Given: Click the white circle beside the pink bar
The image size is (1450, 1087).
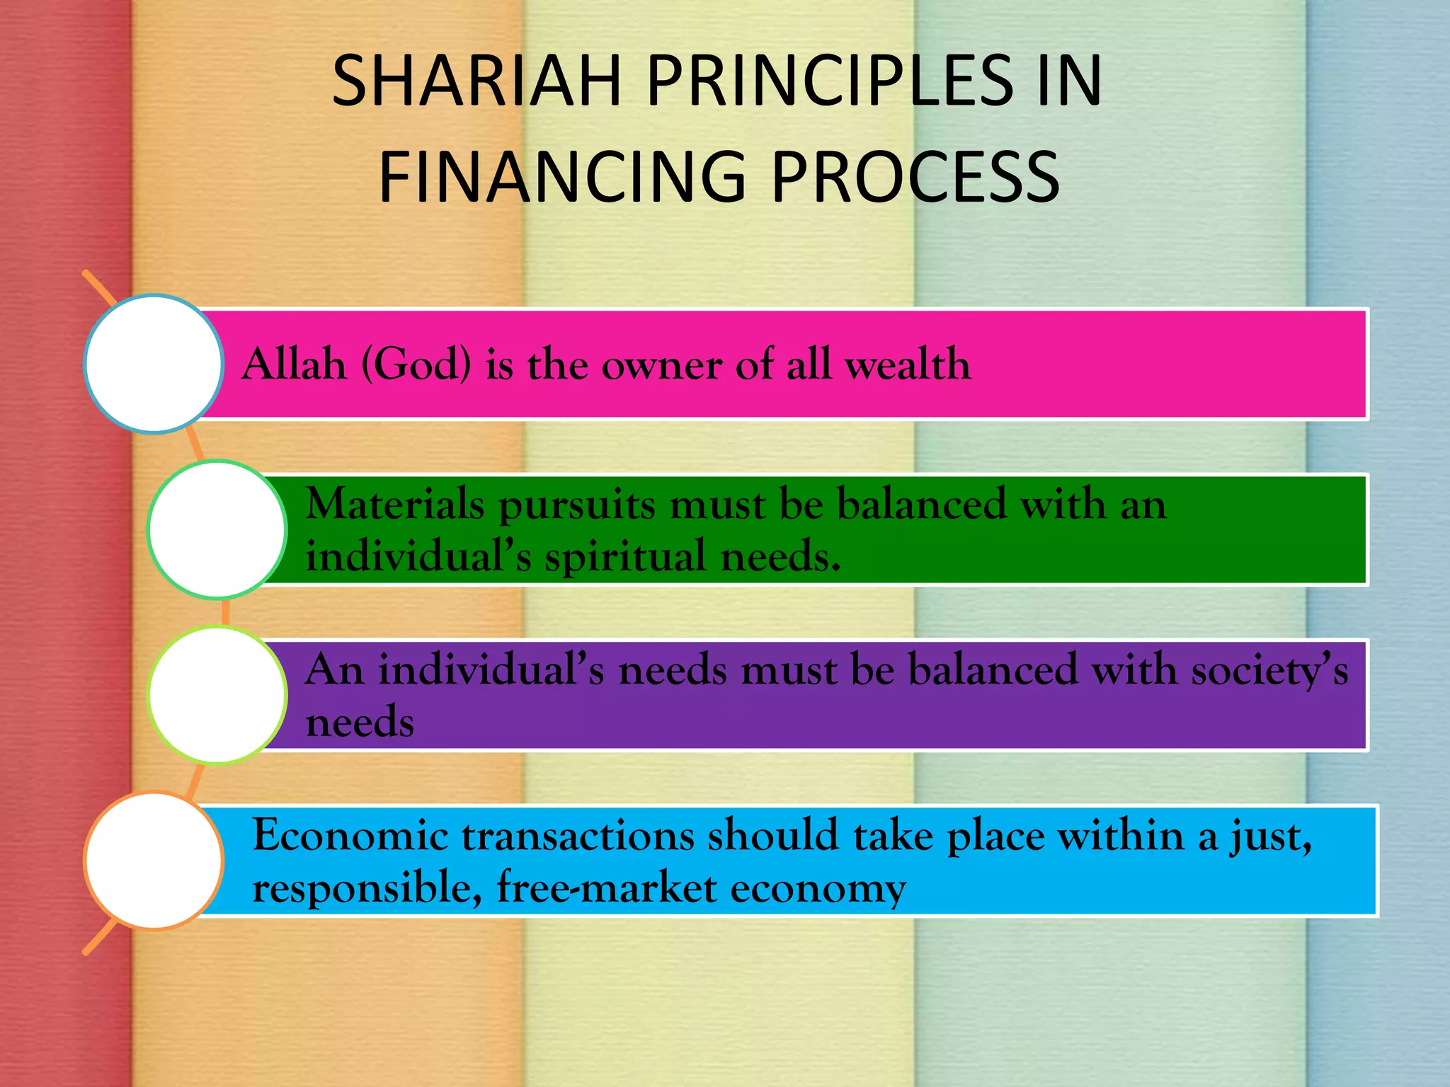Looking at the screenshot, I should pyautogui.click(x=154, y=364).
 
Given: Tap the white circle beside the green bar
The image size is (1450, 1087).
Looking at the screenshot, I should pyautogui.click(x=217, y=529).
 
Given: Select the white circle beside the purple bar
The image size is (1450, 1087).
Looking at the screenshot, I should pyautogui.click(x=217, y=695).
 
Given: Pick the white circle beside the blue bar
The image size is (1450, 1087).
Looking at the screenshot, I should pyautogui.click(x=154, y=861).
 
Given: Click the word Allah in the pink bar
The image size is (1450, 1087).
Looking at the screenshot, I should pyautogui.click(x=294, y=364).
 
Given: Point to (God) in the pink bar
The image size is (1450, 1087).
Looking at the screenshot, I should pyautogui.click(x=416, y=364).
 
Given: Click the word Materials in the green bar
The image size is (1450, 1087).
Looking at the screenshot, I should pyautogui.click(x=395, y=505).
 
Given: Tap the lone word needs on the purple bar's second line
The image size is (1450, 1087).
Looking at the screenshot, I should pyautogui.click(x=360, y=723).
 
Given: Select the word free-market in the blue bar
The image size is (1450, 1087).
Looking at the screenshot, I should pyautogui.click(x=607, y=887).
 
